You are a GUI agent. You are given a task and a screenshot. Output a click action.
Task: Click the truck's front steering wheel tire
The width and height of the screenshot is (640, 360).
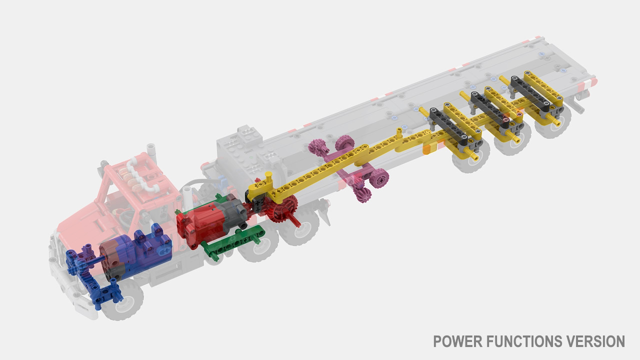(123, 299)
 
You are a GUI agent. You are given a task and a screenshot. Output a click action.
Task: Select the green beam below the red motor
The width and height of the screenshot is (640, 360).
(233, 242)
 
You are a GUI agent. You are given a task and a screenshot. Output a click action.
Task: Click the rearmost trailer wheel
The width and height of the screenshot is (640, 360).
(553, 121)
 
